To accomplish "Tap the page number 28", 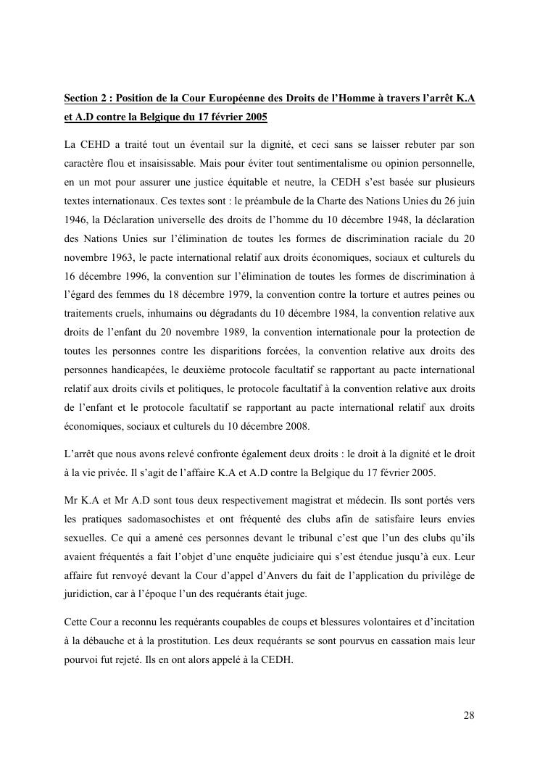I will [x=469, y=716].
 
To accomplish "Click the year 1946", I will [x=76, y=218].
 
